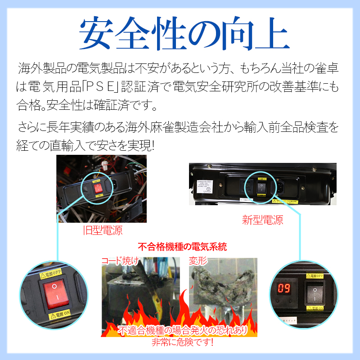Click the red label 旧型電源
click(x=103, y=231)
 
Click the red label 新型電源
click(x=262, y=220)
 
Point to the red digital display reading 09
click(x=283, y=288)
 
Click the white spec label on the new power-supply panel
click(x=210, y=184)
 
